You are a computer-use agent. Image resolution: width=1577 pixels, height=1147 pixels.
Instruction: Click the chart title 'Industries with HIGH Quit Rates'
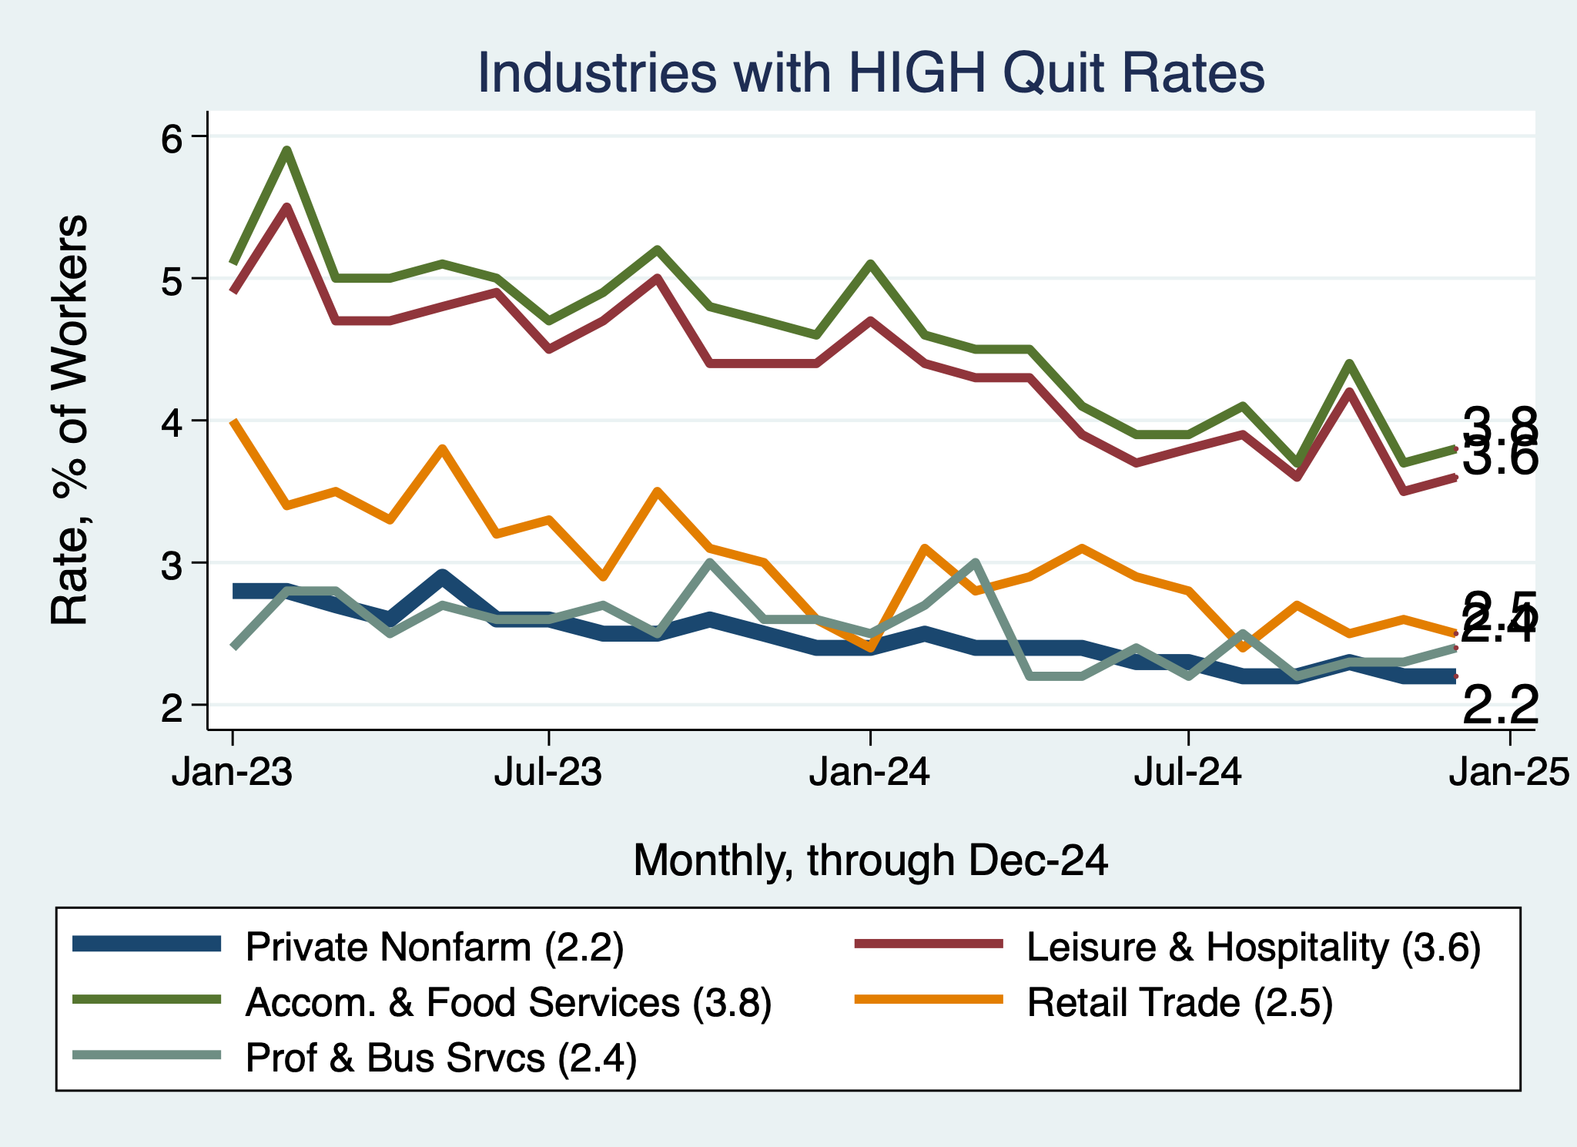click(x=871, y=74)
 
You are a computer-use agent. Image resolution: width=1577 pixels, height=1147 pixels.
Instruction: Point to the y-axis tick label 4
click(x=172, y=421)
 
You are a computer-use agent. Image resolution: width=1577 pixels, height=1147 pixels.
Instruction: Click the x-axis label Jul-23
click(x=547, y=772)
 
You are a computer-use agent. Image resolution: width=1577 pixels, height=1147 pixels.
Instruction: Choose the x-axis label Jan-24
click(x=869, y=772)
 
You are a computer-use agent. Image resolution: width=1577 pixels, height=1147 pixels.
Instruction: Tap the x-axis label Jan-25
click(x=1508, y=772)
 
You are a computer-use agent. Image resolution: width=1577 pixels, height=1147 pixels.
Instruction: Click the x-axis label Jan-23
click(x=232, y=772)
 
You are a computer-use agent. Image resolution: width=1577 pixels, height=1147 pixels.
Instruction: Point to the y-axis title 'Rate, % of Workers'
click(x=69, y=420)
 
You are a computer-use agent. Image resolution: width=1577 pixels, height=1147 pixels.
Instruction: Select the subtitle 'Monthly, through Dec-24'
click(x=870, y=860)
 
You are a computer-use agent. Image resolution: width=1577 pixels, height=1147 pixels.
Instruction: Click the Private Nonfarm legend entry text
click(x=434, y=947)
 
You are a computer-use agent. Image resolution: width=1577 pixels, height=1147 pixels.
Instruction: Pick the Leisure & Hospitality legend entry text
click(x=1254, y=947)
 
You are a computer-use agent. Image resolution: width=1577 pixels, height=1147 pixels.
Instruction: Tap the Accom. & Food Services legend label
click(x=508, y=1002)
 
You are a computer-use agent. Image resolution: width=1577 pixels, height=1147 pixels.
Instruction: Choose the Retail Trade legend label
click(x=1180, y=1002)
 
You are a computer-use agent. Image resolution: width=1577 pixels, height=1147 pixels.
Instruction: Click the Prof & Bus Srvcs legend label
click(x=440, y=1058)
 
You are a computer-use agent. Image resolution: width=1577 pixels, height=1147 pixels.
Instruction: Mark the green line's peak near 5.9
click(x=286, y=150)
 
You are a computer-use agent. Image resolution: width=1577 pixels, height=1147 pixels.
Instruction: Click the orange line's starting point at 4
click(x=233, y=421)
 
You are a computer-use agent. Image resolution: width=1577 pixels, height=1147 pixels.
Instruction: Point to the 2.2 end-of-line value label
click(x=1499, y=706)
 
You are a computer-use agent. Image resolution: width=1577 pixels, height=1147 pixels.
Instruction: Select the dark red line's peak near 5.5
click(x=286, y=207)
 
